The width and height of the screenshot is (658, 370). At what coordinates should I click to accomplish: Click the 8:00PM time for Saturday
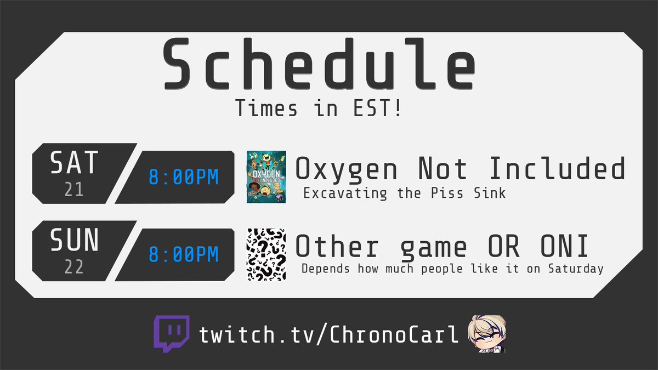(x=184, y=177)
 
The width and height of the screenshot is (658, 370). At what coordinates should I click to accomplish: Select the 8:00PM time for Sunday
(x=184, y=254)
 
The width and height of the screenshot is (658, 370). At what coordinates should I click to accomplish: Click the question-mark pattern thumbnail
(x=266, y=255)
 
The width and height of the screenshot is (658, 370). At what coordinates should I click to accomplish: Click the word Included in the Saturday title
(x=557, y=169)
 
